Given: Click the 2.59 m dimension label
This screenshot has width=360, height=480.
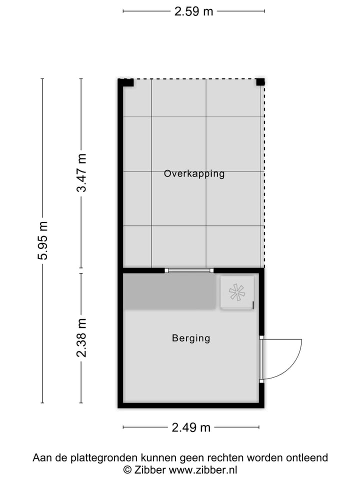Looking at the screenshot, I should pyautogui.click(x=193, y=11).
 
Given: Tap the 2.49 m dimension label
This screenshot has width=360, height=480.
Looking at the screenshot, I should pyautogui.click(x=191, y=427).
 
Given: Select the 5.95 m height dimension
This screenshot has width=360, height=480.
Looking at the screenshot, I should pyautogui.click(x=42, y=240).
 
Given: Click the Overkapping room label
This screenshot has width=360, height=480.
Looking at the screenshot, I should pyautogui.click(x=194, y=174).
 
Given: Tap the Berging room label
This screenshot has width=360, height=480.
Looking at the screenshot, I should pyautogui.click(x=191, y=338).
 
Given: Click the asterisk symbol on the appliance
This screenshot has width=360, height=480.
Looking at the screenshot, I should pyautogui.click(x=236, y=292).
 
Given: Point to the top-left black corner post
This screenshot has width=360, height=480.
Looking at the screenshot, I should pyautogui.click(x=128, y=82).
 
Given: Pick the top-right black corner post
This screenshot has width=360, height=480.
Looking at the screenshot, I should pyautogui.click(x=259, y=82).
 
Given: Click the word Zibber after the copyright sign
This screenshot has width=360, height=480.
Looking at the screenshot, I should pyautogui.click(x=149, y=469).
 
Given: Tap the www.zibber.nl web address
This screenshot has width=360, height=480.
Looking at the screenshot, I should pyautogui.click(x=203, y=469).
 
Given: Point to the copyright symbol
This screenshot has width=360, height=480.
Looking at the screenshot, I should pyautogui.click(x=127, y=469).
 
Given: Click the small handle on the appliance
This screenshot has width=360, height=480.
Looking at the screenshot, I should pyautogui.click(x=253, y=304).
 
